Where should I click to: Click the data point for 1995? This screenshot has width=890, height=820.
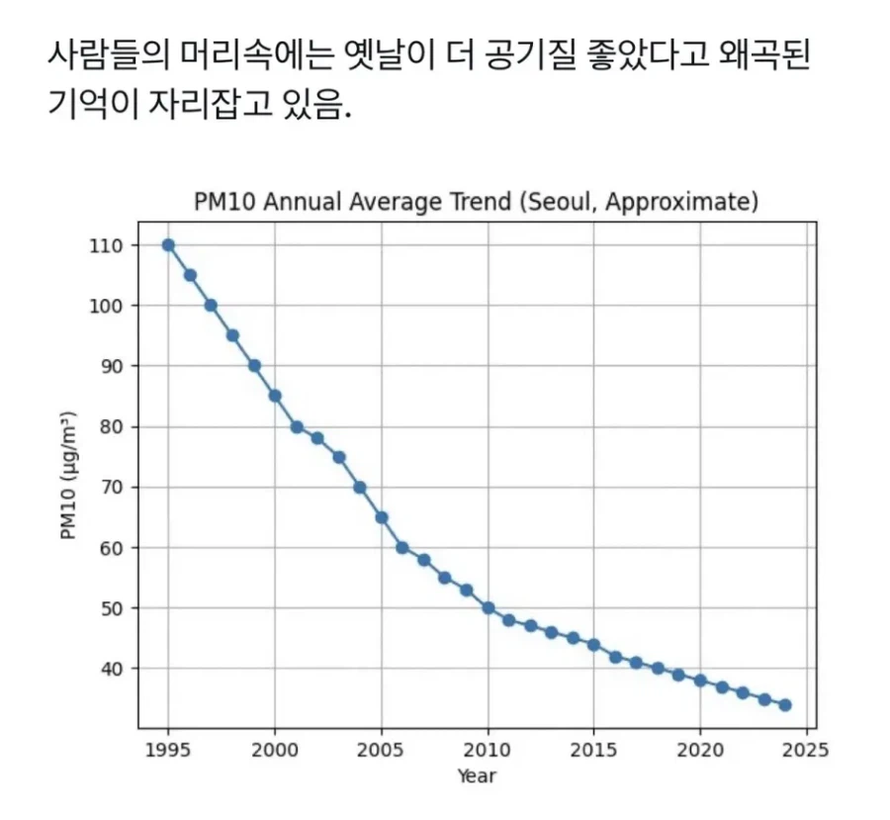tap(168, 244)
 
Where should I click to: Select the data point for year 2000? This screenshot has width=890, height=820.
tap(275, 396)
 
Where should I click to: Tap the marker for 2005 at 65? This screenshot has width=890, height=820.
tap(381, 517)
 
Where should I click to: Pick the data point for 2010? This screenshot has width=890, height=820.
tap(488, 608)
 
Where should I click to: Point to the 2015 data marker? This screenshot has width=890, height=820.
tap(593, 645)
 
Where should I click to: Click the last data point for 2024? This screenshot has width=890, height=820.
tap(785, 705)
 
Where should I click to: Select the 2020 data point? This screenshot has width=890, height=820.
tap(700, 681)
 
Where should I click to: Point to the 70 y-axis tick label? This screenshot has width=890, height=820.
tap(116, 488)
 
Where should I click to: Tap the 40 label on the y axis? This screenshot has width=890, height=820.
tap(116, 670)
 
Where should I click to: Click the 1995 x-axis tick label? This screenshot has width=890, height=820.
tap(168, 750)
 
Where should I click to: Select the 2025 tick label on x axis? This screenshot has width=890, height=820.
tap(807, 750)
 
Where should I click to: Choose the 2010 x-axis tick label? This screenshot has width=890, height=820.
tap(488, 750)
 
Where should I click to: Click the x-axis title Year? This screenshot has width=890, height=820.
tap(477, 776)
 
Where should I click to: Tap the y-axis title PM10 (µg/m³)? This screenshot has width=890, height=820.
tap(68, 477)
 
